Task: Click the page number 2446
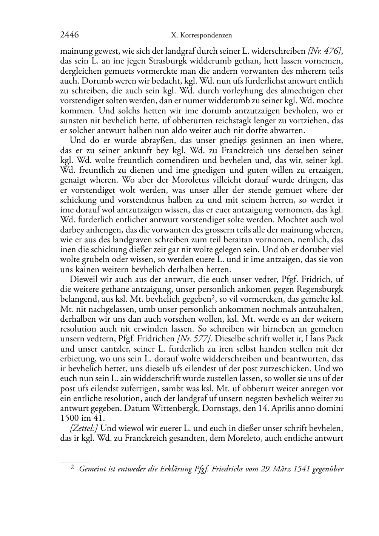click(x=69, y=35)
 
